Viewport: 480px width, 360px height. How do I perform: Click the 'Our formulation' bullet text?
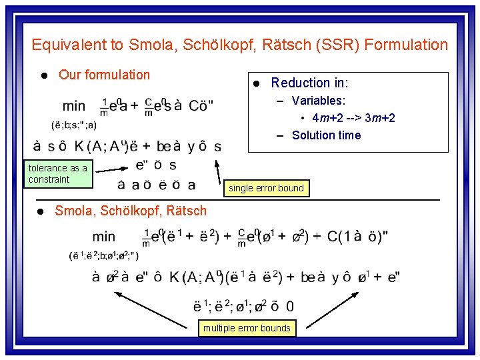(x=104, y=75)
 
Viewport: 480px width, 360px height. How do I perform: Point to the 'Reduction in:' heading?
(x=309, y=83)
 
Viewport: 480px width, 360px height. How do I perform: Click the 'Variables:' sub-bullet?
(x=319, y=101)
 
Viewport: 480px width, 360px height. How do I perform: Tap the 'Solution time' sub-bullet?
(x=326, y=135)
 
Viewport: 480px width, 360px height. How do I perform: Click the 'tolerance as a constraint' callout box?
(x=57, y=173)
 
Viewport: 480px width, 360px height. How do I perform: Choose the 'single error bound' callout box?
(x=266, y=188)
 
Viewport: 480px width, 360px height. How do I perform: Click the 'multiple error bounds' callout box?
(x=247, y=327)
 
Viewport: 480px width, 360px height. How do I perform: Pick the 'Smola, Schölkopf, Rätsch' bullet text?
(x=131, y=211)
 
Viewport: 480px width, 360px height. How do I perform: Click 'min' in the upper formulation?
(x=74, y=106)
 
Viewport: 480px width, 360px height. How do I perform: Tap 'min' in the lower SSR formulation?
(x=104, y=236)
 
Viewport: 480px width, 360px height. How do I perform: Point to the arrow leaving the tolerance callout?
(x=110, y=168)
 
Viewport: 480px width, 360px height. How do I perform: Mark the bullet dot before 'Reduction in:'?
(x=256, y=83)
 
